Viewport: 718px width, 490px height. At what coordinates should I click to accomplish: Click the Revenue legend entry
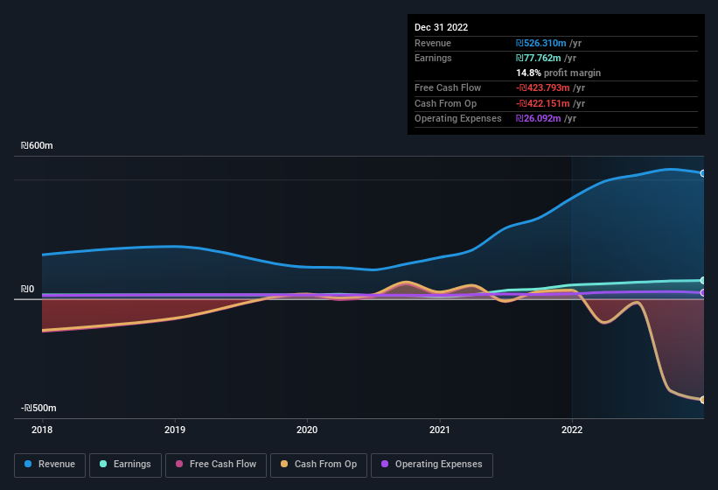tap(50, 465)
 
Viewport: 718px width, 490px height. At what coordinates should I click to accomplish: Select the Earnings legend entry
tap(125, 465)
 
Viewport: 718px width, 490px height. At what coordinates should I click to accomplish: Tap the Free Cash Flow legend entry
tap(216, 465)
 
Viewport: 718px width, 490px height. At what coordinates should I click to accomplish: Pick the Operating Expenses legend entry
tap(431, 465)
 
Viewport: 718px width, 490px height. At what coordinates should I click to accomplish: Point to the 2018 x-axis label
tap(42, 430)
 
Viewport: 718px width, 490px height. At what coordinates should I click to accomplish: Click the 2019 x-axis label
tap(175, 430)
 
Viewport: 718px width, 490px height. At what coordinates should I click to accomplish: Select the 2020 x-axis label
tap(307, 430)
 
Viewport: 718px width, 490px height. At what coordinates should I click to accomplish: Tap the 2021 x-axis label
tap(440, 430)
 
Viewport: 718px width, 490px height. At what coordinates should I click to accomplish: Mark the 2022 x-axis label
tap(572, 430)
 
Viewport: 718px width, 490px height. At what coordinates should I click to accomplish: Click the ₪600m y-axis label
tap(38, 146)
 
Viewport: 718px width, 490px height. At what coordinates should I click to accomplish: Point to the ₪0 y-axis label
tap(27, 290)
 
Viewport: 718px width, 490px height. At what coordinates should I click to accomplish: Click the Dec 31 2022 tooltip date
tap(442, 27)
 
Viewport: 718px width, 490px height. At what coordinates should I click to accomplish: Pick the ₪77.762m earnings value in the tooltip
tap(539, 58)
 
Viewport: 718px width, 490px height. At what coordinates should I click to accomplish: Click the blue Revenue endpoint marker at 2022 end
tap(703, 173)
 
